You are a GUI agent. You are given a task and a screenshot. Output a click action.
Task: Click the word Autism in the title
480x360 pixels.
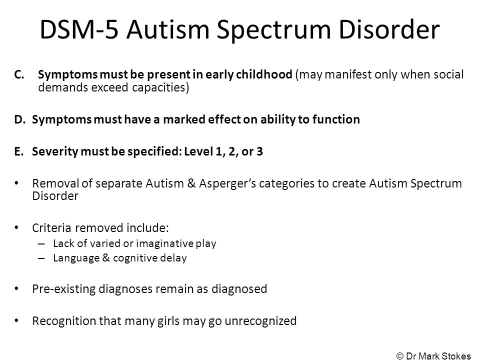coord(168,29)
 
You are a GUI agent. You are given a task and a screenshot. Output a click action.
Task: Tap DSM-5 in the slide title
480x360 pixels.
coord(79,29)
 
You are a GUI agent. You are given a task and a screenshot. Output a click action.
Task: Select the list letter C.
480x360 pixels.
coord(19,74)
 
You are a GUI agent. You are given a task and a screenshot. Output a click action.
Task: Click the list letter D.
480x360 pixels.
coord(19,119)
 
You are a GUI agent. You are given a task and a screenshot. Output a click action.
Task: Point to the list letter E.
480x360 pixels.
coord(18,151)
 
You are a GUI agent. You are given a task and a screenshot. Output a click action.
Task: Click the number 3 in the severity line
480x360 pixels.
coord(259,151)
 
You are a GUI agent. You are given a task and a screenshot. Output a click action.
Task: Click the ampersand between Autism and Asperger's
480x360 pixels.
coord(191,183)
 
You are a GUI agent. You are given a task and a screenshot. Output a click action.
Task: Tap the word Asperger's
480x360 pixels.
coord(227,184)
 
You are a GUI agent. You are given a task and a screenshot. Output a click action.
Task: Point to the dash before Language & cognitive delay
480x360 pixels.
coord(41,258)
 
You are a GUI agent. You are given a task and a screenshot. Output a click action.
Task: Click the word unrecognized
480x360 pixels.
coord(260,321)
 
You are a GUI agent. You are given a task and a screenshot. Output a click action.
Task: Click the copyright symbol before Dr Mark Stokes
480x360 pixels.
coord(400,355)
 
